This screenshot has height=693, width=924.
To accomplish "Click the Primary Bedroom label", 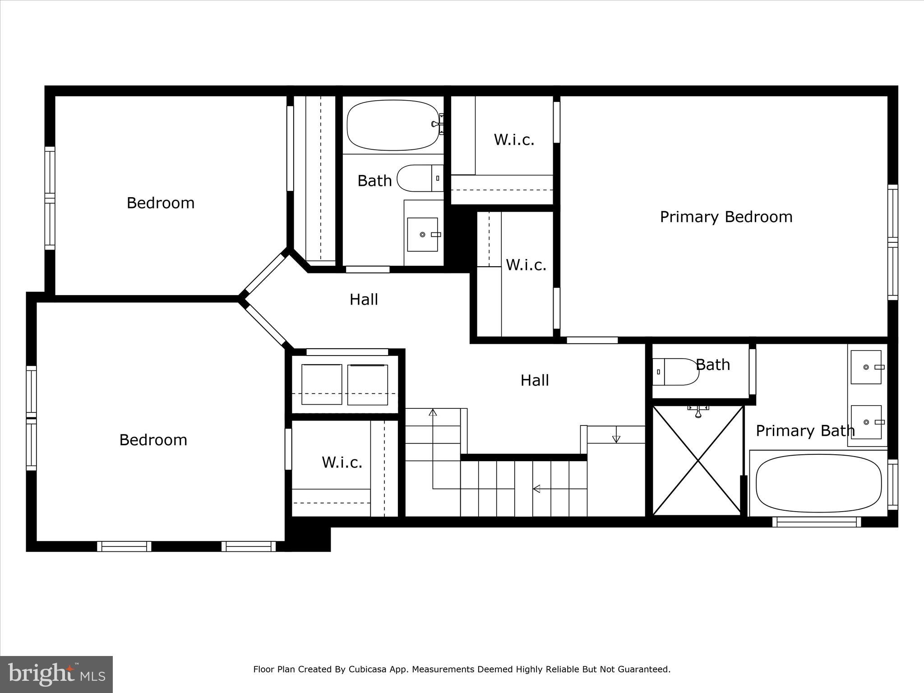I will click(726, 217).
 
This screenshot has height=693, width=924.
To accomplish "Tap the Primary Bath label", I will click(805, 431).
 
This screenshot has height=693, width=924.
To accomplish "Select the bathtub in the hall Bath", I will click(393, 125).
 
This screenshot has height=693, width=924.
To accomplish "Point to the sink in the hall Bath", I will click(422, 235).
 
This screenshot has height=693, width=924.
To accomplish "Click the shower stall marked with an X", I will click(698, 460).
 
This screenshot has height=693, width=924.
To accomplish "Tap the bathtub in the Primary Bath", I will click(818, 483).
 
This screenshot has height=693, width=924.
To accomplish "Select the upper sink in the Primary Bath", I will click(866, 367).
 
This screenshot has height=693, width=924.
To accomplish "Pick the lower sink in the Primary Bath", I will click(866, 422).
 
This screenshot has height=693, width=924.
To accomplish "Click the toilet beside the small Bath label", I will click(675, 372).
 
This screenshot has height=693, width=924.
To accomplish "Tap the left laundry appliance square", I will click(322, 384).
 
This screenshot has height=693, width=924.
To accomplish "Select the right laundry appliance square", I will click(367, 384).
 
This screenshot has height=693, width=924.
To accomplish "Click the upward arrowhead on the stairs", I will click(433, 412).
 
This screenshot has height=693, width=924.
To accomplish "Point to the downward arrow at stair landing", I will click(616, 439).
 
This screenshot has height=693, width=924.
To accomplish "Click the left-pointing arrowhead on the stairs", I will click(537, 489).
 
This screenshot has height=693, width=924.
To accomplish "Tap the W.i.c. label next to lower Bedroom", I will click(342, 462).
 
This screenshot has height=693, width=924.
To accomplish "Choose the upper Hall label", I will click(364, 300).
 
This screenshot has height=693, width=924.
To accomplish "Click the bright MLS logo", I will click(56, 675).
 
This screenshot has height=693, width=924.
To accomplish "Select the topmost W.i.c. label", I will click(514, 140).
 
